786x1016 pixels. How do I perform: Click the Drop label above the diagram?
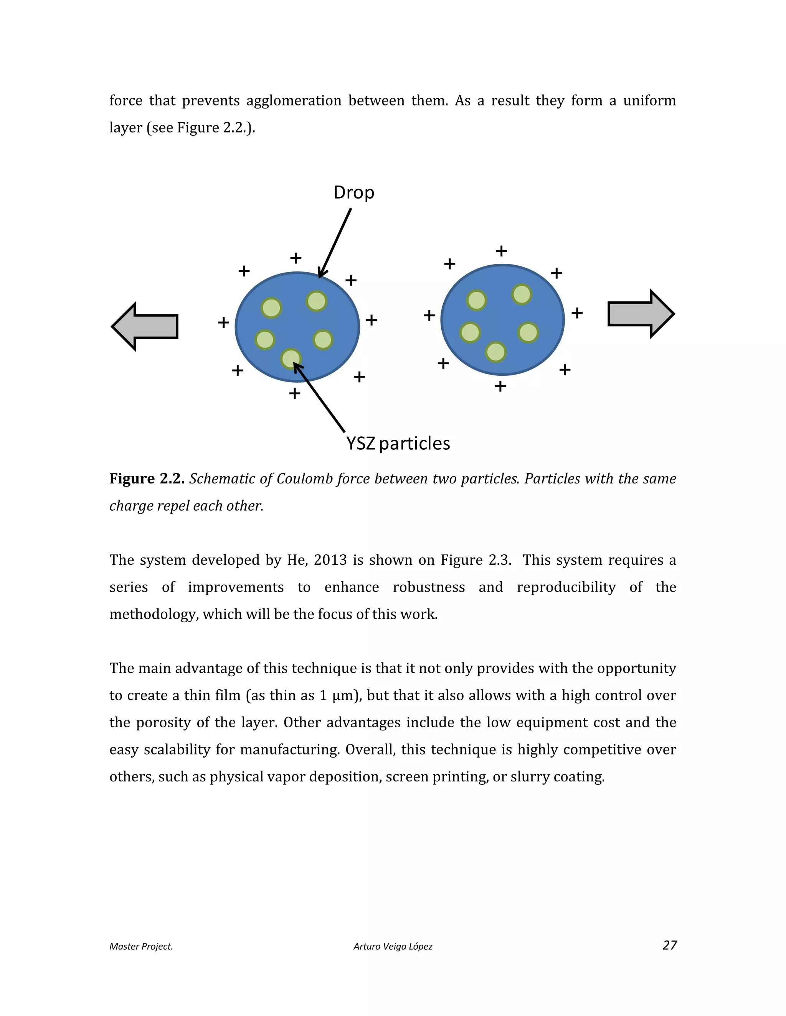(x=353, y=192)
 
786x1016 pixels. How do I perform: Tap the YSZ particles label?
(x=398, y=443)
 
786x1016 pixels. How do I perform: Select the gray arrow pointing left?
(x=145, y=327)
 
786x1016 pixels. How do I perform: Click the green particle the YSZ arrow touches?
(x=291, y=358)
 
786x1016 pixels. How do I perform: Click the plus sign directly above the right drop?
(x=501, y=251)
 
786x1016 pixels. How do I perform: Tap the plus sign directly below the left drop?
(x=294, y=394)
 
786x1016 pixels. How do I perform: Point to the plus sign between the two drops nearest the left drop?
(x=371, y=320)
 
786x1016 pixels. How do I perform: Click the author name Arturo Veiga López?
(x=393, y=946)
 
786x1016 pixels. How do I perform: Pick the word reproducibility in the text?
(x=566, y=587)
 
